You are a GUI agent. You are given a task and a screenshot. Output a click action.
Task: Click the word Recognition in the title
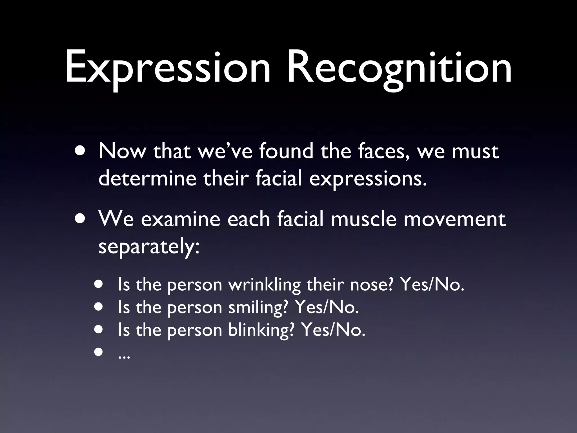point(399,68)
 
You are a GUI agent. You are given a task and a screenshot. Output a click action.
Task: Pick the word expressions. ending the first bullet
point(368,180)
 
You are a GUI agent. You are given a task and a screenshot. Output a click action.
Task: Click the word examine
point(180,220)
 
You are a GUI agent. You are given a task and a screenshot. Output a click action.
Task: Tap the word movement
point(454,220)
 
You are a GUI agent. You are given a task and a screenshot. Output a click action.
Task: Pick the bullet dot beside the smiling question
point(99,307)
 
